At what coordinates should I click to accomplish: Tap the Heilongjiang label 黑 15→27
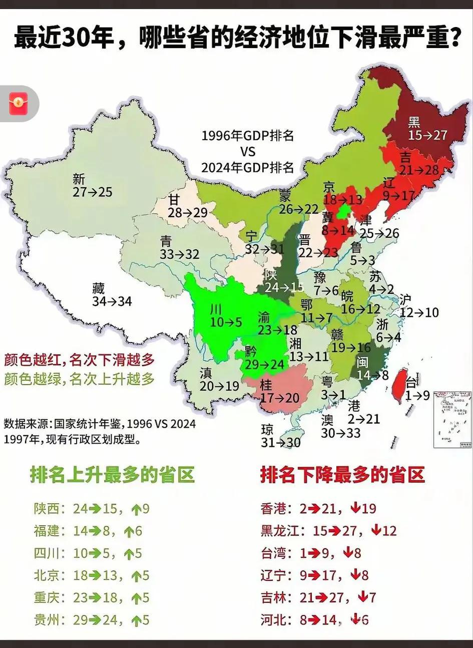(x=427, y=129)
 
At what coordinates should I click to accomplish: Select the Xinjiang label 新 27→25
(x=92, y=186)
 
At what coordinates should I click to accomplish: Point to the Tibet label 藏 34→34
(x=112, y=295)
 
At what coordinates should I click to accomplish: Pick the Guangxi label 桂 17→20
(x=279, y=391)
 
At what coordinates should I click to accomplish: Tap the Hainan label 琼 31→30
(x=280, y=436)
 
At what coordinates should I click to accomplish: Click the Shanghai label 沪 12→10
(x=419, y=306)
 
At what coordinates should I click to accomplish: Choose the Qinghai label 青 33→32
(x=180, y=247)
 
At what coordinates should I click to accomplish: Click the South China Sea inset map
(x=452, y=419)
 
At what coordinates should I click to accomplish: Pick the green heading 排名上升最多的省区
(x=112, y=474)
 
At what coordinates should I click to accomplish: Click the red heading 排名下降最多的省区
(x=342, y=474)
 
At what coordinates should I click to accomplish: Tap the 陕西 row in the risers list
(x=92, y=509)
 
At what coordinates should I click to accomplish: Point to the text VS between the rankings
(x=247, y=151)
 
